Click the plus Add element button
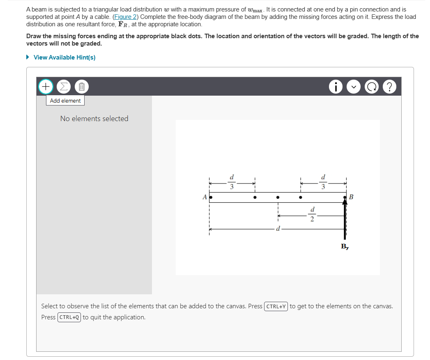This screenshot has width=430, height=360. click(x=46, y=87)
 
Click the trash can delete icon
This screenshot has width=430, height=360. click(x=81, y=87)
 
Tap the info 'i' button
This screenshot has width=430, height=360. click(x=336, y=87)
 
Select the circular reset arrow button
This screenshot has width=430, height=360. click(x=372, y=87)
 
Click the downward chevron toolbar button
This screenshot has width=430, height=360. click(x=354, y=87)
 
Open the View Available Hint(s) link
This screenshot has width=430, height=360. click(x=64, y=57)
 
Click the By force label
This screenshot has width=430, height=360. click(x=345, y=247)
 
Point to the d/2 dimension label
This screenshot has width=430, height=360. click(x=312, y=215)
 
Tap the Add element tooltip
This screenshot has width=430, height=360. click(x=65, y=101)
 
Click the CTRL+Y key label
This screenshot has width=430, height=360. click(x=276, y=306)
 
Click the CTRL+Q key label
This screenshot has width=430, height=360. click(x=69, y=317)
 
